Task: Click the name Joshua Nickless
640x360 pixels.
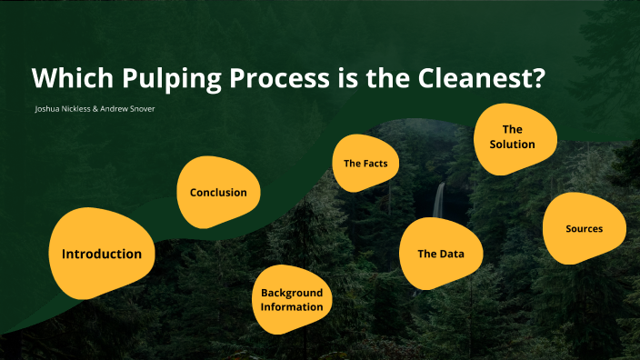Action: coord(65,109)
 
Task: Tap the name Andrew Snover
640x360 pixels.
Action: coord(130,109)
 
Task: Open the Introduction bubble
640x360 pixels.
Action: coord(101,254)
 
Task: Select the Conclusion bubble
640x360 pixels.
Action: coord(218,192)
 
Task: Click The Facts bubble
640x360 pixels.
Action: coord(365,164)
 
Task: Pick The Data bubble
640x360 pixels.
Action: coord(441,254)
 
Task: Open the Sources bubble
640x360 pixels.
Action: coord(584,228)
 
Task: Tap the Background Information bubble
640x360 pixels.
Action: coord(292,300)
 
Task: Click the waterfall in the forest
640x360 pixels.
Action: coord(439,199)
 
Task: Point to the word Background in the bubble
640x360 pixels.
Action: coord(292,293)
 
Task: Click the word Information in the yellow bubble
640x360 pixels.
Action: coord(292,307)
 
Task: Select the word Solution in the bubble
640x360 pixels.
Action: coord(512,144)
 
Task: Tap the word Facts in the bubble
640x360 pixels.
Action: coord(376,164)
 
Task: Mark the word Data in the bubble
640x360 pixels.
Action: coord(451,254)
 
